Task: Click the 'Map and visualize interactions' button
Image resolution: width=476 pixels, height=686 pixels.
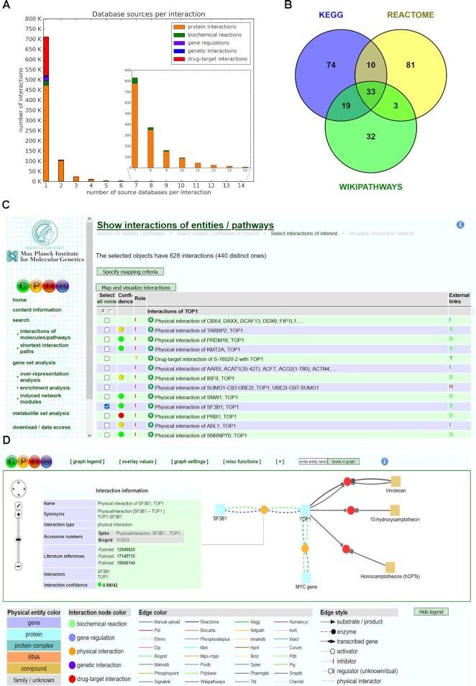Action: coord(137,288)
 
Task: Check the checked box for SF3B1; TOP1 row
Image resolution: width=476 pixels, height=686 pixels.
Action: coord(106,406)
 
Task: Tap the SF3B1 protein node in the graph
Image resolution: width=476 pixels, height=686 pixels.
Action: coord(220,509)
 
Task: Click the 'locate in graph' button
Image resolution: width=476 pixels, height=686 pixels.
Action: coord(343,461)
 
